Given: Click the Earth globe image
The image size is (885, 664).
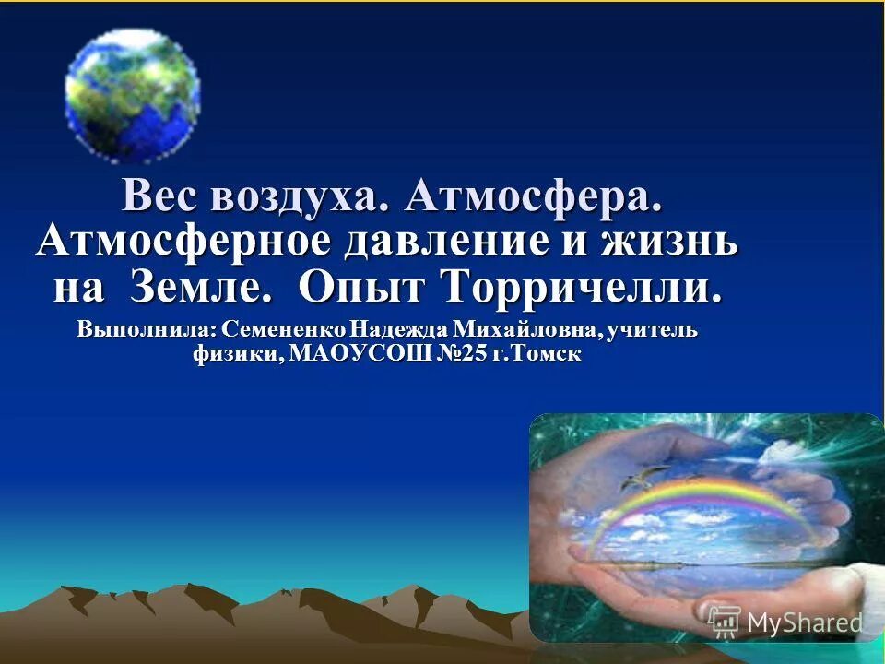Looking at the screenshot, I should pyautogui.click(x=133, y=96).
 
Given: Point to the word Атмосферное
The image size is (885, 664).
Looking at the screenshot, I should pyautogui.click(x=183, y=242).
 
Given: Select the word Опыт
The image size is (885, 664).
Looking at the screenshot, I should pyautogui.click(x=363, y=288).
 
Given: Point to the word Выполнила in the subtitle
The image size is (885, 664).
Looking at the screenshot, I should pyautogui.click(x=147, y=329).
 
